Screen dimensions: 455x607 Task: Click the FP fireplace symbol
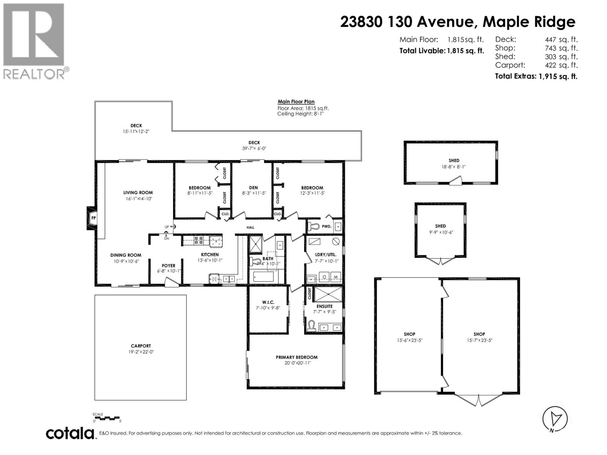(x=93, y=218)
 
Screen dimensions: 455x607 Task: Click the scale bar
(x=107, y=418)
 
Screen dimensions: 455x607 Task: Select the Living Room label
(x=138, y=193)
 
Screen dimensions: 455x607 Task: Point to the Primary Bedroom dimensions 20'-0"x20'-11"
(x=296, y=363)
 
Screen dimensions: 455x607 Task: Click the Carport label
(x=141, y=346)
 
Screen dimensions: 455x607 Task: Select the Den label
(x=253, y=188)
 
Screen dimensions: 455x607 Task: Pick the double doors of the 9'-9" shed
(x=440, y=261)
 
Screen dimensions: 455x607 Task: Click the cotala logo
(x=70, y=433)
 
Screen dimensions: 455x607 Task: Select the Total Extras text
(x=515, y=76)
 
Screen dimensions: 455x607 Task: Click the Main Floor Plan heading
(x=296, y=102)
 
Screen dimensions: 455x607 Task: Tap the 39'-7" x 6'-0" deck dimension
(x=254, y=149)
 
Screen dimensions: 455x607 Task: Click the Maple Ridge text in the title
(x=528, y=22)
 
